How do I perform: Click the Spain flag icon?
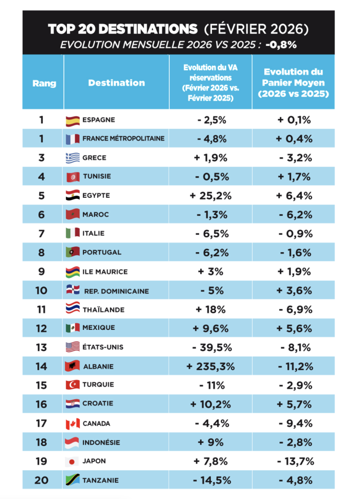click(x=73, y=121)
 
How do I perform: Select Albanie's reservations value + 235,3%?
click(x=210, y=366)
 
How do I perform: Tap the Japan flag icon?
click(x=72, y=462)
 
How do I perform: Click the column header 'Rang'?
click(x=44, y=83)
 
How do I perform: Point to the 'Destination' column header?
click(x=117, y=83)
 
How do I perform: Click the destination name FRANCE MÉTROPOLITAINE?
click(x=123, y=138)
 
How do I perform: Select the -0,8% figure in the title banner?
click(x=281, y=45)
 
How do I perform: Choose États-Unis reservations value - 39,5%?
click(x=212, y=348)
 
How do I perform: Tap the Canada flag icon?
click(x=73, y=424)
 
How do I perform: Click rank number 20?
click(x=41, y=480)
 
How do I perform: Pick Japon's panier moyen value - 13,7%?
click(x=295, y=462)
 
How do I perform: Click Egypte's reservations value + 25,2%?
click(x=210, y=196)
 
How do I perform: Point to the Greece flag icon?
click(x=73, y=158)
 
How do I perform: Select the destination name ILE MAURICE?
click(x=105, y=272)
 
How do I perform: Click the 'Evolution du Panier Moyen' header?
click(x=293, y=83)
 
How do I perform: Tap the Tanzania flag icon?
click(x=73, y=480)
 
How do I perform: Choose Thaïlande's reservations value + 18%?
click(x=210, y=310)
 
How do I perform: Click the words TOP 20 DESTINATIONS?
click(x=123, y=29)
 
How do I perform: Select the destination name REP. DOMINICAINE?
click(x=117, y=291)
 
